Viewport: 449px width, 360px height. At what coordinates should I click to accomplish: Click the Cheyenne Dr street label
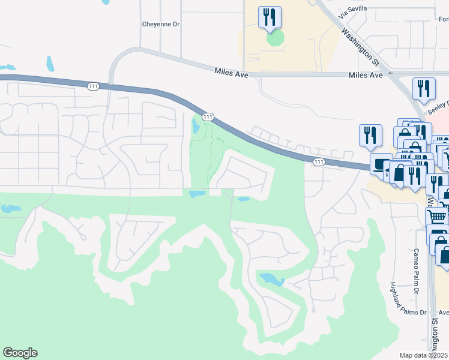click(161, 25)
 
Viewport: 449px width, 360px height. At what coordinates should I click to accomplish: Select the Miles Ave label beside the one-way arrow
click(366, 75)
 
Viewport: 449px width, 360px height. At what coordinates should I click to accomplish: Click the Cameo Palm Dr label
click(415, 270)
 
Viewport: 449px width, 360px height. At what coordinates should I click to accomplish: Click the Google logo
click(20, 353)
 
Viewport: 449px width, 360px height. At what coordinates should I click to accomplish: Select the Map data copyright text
click(424, 355)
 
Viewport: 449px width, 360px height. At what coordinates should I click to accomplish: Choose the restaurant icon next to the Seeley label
click(424, 89)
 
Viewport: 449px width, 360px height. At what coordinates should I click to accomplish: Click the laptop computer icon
click(381, 164)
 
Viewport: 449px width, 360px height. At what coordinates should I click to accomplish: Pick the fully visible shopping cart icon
click(436, 217)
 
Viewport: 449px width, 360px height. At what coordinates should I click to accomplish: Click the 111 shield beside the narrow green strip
click(207, 116)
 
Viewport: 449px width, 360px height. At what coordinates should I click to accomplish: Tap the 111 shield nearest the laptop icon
click(318, 162)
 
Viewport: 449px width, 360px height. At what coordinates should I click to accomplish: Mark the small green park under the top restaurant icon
click(275, 39)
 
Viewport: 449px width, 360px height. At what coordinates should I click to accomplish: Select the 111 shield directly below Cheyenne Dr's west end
click(93, 87)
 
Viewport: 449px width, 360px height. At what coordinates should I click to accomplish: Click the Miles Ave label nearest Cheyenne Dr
click(231, 71)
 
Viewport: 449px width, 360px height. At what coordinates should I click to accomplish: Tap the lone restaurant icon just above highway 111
click(370, 135)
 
